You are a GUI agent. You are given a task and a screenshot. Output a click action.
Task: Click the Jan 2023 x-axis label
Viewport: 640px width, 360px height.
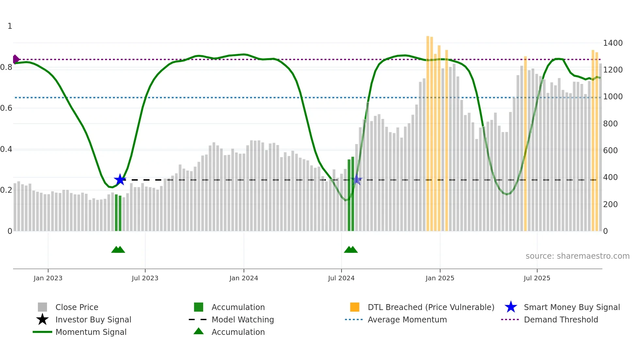click(48, 278)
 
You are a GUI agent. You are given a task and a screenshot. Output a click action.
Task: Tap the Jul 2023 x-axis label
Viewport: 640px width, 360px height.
click(145, 278)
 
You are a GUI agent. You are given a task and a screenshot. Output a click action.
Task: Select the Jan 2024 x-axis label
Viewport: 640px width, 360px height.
click(244, 278)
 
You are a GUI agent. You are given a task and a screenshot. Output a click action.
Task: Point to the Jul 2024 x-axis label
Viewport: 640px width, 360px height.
click(341, 278)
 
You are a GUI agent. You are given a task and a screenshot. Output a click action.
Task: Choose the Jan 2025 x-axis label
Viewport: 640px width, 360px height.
click(440, 278)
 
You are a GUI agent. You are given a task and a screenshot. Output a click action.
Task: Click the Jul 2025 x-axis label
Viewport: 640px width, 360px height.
click(537, 278)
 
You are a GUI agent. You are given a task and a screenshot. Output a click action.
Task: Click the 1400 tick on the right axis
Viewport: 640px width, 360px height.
click(613, 43)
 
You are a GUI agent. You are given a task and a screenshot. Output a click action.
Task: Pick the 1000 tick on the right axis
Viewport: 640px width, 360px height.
click(613, 97)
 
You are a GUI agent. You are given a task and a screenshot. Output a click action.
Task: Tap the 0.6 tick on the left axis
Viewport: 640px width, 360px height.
click(6, 108)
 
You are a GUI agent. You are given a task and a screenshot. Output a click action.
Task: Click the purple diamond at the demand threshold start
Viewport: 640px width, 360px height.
click(15, 59)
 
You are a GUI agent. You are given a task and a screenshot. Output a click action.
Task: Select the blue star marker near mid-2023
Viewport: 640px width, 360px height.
click(120, 180)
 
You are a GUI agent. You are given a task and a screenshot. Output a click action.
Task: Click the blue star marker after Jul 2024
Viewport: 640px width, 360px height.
click(357, 180)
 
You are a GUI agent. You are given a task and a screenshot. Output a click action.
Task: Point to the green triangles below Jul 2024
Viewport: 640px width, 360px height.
click(351, 250)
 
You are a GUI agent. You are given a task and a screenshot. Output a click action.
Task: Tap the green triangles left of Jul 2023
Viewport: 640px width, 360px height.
click(118, 250)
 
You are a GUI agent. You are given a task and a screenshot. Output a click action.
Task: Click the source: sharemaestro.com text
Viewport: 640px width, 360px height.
click(577, 256)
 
